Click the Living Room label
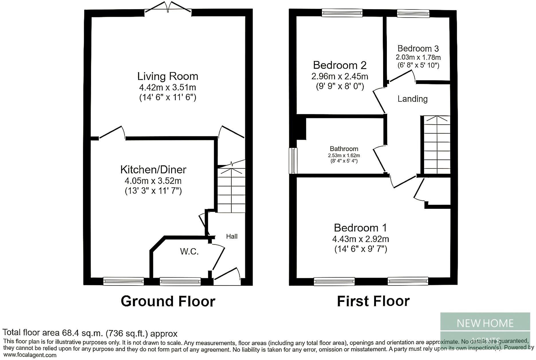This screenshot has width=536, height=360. (x=167, y=76)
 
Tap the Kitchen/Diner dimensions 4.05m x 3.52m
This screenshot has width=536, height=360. (x=153, y=181)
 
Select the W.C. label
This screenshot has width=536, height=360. (x=189, y=252)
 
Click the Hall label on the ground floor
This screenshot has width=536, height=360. (x=232, y=236)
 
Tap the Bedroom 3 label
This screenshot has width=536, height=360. (x=418, y=48)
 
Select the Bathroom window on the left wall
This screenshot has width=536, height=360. (x=293, y=161)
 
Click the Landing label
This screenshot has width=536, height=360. (x=412, y=99)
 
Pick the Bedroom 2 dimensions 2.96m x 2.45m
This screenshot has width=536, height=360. (x=340, y=76)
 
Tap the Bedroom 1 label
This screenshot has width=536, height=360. (x=360, y=228)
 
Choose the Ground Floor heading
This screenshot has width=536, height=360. (x=168, y=301)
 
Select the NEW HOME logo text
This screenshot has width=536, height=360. (x=485, y=323)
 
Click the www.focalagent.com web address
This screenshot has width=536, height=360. (x=30, y=355)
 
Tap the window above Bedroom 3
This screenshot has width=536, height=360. (x=413, y=13)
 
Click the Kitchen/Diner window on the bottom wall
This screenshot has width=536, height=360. (x=123, y=281)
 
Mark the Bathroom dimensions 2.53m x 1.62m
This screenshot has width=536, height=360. (x=344, y=156)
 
